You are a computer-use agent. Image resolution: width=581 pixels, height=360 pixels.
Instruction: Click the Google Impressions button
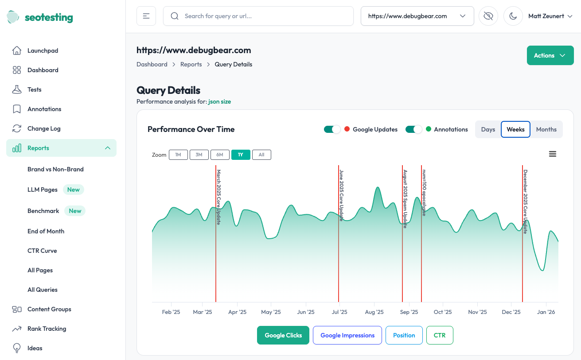click(347, 335)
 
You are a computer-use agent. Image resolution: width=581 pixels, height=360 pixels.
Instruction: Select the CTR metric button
click(440, 335)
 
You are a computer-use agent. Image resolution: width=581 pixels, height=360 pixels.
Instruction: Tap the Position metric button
click(404, 335)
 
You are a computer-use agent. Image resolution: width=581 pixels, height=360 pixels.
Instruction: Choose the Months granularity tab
click(546, 129)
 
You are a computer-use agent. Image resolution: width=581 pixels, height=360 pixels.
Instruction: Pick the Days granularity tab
click(488, 129)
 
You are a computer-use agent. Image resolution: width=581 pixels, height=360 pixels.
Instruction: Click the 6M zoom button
click(220, 155)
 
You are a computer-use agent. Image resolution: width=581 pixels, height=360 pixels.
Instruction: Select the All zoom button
click(261, 155)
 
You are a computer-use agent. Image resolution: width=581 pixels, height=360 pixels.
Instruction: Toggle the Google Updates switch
click(332, 129)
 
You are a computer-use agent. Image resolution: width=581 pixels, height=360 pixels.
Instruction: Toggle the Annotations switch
click(413, 129)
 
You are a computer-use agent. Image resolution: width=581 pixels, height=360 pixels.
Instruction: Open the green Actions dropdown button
click(550, 55)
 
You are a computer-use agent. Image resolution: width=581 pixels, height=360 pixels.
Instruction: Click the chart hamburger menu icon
click(553, 154)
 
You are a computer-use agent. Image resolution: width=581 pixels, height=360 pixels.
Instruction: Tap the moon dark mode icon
click(513, 16)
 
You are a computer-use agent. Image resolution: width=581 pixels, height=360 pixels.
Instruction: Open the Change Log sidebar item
click(44, 128)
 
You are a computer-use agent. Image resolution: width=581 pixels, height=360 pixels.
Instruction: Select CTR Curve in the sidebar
click(42, 251)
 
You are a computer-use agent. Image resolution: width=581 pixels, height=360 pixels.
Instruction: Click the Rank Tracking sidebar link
click(47, 329)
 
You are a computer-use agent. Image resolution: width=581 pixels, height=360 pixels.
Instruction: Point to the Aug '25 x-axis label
click(374, 312)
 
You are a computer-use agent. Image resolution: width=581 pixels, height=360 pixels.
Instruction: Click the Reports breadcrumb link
click(191, 64)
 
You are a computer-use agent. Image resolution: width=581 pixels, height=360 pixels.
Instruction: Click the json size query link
click(219, 101)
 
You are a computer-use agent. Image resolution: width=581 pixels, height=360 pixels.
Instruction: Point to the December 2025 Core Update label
click(525, 201)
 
